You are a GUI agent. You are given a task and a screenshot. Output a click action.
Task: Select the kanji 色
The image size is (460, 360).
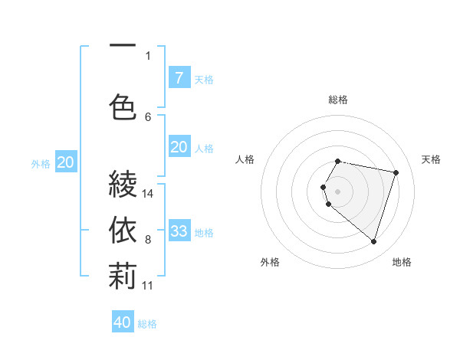pos(123,106)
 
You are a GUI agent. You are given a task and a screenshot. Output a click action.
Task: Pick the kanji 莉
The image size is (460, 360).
pos(123,277)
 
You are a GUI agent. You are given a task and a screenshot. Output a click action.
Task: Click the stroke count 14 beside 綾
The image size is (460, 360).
pos(148,194)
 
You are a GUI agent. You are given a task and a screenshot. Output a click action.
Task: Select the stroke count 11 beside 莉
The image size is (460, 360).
pos(148,286)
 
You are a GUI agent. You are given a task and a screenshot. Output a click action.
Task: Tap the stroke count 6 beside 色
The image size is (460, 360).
pos(148,116)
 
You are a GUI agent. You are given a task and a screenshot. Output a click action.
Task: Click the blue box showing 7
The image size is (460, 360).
pos(179,77)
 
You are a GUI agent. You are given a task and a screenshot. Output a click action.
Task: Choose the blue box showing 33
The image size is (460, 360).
pos(179,231)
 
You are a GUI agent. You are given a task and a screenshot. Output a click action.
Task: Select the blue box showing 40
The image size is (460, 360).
pos(123,322)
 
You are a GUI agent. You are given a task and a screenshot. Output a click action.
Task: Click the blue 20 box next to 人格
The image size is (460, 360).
pos(179,147)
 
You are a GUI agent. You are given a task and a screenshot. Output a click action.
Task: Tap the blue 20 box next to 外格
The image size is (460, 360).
pos(66,162)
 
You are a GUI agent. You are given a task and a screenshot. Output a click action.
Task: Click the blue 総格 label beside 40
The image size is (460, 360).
pos(147,324)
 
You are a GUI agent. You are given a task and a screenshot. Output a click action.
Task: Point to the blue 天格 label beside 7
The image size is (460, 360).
pos(203,79)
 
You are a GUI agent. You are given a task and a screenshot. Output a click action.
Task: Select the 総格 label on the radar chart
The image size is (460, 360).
pos(337,100)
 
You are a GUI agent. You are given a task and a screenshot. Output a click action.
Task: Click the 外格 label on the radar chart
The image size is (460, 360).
pos(270,262)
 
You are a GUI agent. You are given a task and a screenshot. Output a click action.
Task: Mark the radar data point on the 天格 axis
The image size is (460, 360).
pos(396,172)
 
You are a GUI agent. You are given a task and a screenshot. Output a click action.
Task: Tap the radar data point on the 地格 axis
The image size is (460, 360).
pos(373,242)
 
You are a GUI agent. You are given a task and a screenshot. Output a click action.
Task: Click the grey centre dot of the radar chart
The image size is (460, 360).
pos(337,191)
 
